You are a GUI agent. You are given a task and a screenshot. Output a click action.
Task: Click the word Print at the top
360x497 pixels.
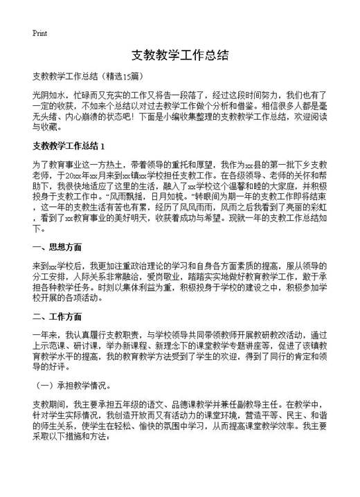pos(39,32)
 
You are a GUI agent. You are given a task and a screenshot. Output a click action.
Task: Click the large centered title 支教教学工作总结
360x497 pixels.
pos(179,55)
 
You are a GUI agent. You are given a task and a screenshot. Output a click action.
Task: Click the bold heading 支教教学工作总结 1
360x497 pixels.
pos(69,146)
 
